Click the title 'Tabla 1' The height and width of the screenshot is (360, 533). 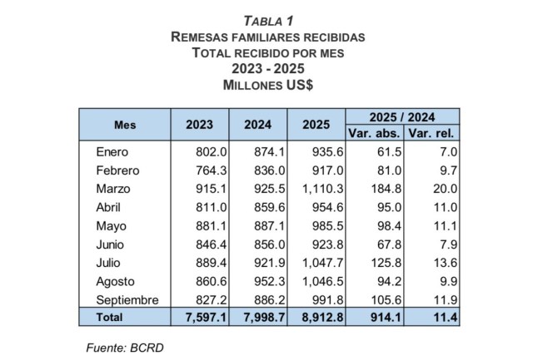[266, 20]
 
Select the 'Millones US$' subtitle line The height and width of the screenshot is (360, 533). [266, 85]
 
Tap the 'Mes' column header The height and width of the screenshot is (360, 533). [125, 125]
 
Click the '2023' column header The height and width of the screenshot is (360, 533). [200, 125]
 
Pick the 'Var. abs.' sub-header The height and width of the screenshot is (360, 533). [374, 133]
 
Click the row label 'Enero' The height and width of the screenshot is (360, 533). [113, 152]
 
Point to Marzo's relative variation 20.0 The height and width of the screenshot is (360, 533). [443, 190]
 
